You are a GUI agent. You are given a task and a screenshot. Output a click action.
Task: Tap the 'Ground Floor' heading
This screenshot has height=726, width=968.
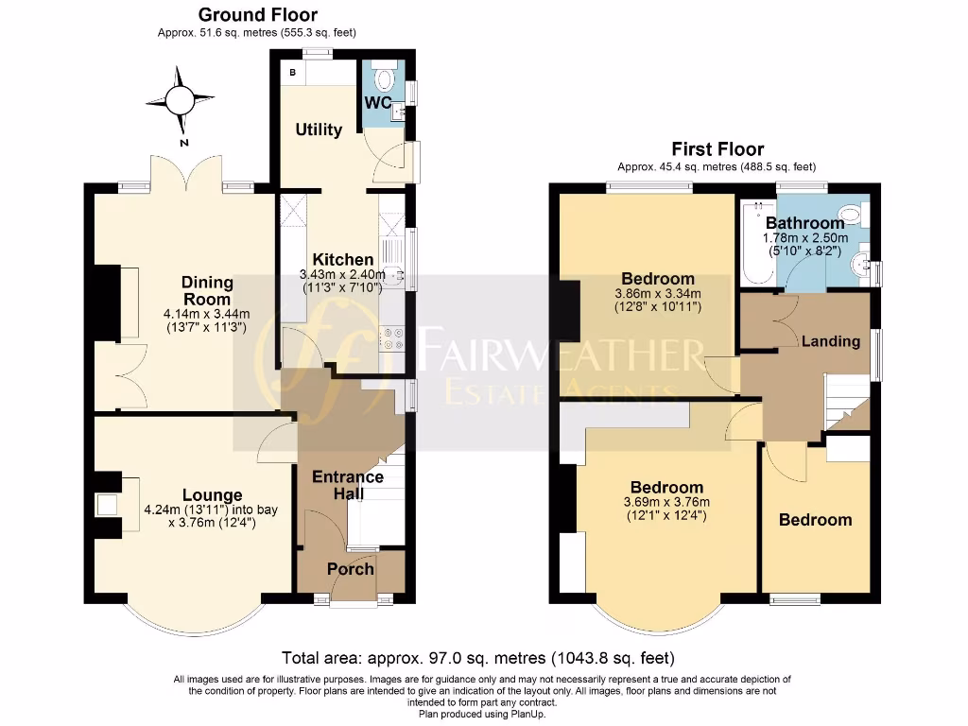[x=257, y=15]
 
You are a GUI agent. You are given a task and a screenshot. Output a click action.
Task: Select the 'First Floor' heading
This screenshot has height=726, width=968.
[x=717, y=149]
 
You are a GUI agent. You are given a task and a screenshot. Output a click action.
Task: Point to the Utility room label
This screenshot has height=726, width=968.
[x=319, y=130]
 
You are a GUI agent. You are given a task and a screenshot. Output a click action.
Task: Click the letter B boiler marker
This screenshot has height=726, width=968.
[x=291, y=73]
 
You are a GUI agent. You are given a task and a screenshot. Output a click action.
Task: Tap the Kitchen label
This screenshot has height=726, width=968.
[x=343, y=259]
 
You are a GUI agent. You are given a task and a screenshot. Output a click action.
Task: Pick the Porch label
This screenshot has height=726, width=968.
[x=351, y=568]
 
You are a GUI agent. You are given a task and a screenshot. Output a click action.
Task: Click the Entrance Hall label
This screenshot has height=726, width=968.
[x=348, y=486]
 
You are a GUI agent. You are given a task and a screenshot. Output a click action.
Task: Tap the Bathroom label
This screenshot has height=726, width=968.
[x=804, y=223]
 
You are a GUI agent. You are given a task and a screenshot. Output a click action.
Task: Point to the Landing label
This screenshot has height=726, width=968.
[x=831, y=340]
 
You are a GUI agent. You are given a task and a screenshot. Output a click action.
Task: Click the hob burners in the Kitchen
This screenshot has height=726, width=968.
[x=392, y=337]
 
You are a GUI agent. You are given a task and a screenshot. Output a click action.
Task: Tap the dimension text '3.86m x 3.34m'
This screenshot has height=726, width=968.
[x=658, y=294]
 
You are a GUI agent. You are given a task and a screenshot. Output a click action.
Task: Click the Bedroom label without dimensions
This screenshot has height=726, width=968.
[x=815, y=520]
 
